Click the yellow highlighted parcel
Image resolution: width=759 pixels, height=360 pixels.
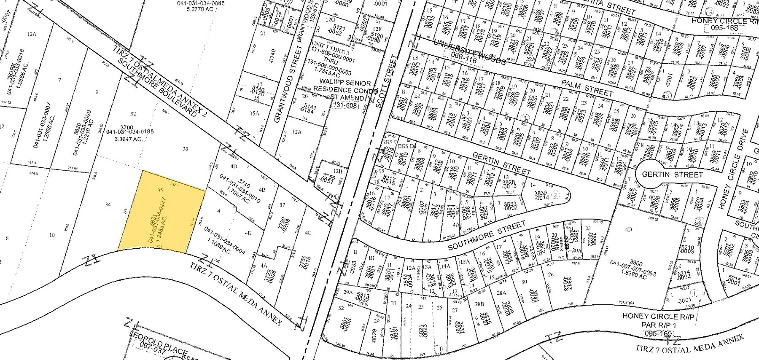[162, 213]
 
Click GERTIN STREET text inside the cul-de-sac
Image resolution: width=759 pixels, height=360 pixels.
[672, 175]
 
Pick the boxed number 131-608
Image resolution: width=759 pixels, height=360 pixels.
[345, 105]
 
